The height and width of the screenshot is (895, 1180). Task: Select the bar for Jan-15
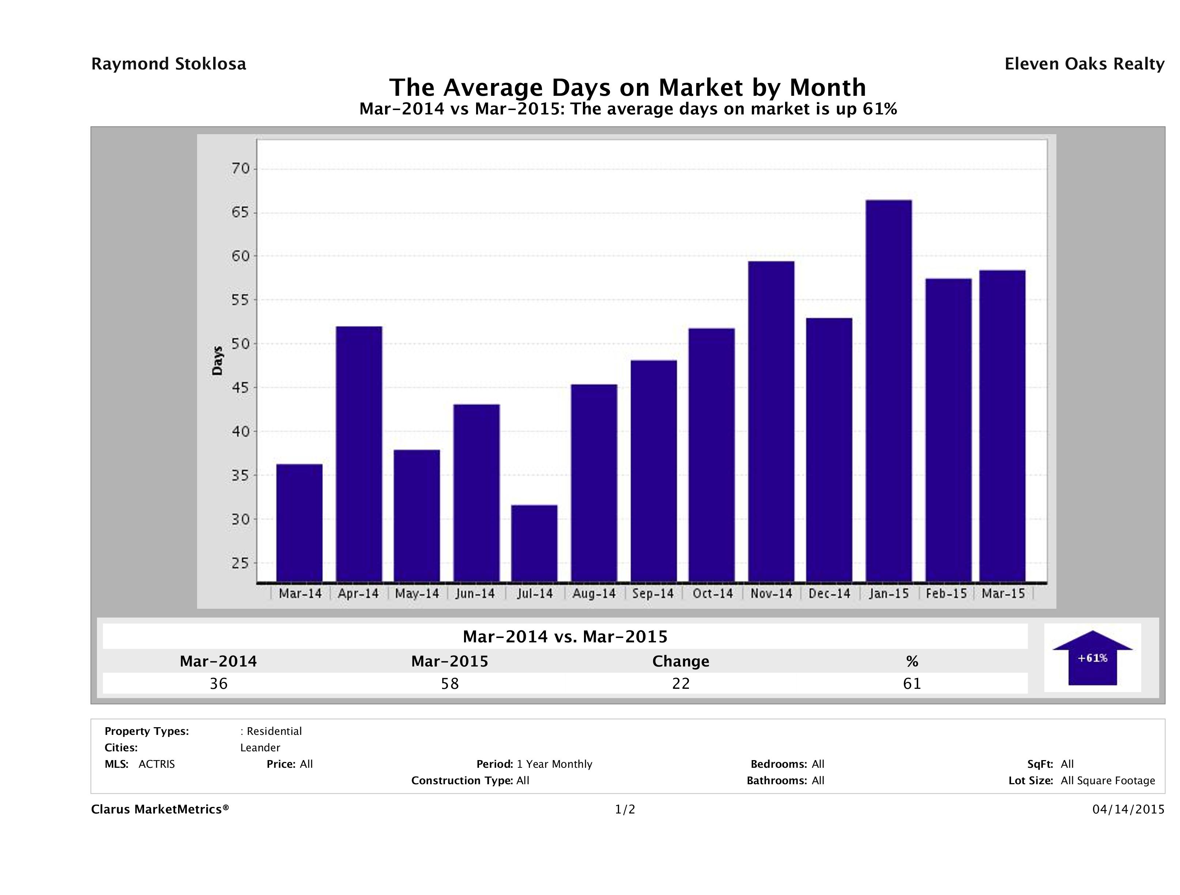click(889, 390)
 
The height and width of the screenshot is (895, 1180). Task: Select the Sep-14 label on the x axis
click(653, 594)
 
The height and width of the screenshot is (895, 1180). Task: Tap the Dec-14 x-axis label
click(829, 594)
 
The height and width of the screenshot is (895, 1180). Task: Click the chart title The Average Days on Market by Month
click(627, 87)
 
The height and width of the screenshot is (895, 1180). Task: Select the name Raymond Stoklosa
click(169, 64)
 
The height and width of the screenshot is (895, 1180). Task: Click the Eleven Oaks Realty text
click(1084, 64)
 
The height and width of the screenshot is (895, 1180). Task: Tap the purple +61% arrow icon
click(1092, 658)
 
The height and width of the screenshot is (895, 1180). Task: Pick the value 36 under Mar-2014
click(219, 684)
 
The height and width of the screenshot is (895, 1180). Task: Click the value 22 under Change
click(681, 684)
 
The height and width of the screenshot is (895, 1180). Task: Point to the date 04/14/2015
click(1128, 810)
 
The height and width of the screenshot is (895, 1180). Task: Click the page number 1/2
click(625, 810)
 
